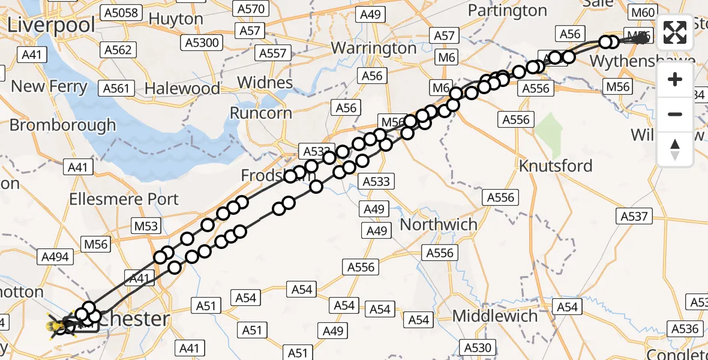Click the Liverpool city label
(52, 25)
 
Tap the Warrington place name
(374, 47)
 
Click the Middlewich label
(495, 316)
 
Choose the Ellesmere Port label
(124, 199)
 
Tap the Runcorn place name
(262, 113)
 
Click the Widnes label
(265, 82)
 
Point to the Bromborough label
(63, 125)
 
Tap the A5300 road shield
(203, 43)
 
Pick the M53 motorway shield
(146, 226)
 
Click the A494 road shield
(56, 257)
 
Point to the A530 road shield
(478, 347)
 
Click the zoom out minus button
(675, 114)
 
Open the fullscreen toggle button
(675, 32)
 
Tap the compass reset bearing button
(675, 148)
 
